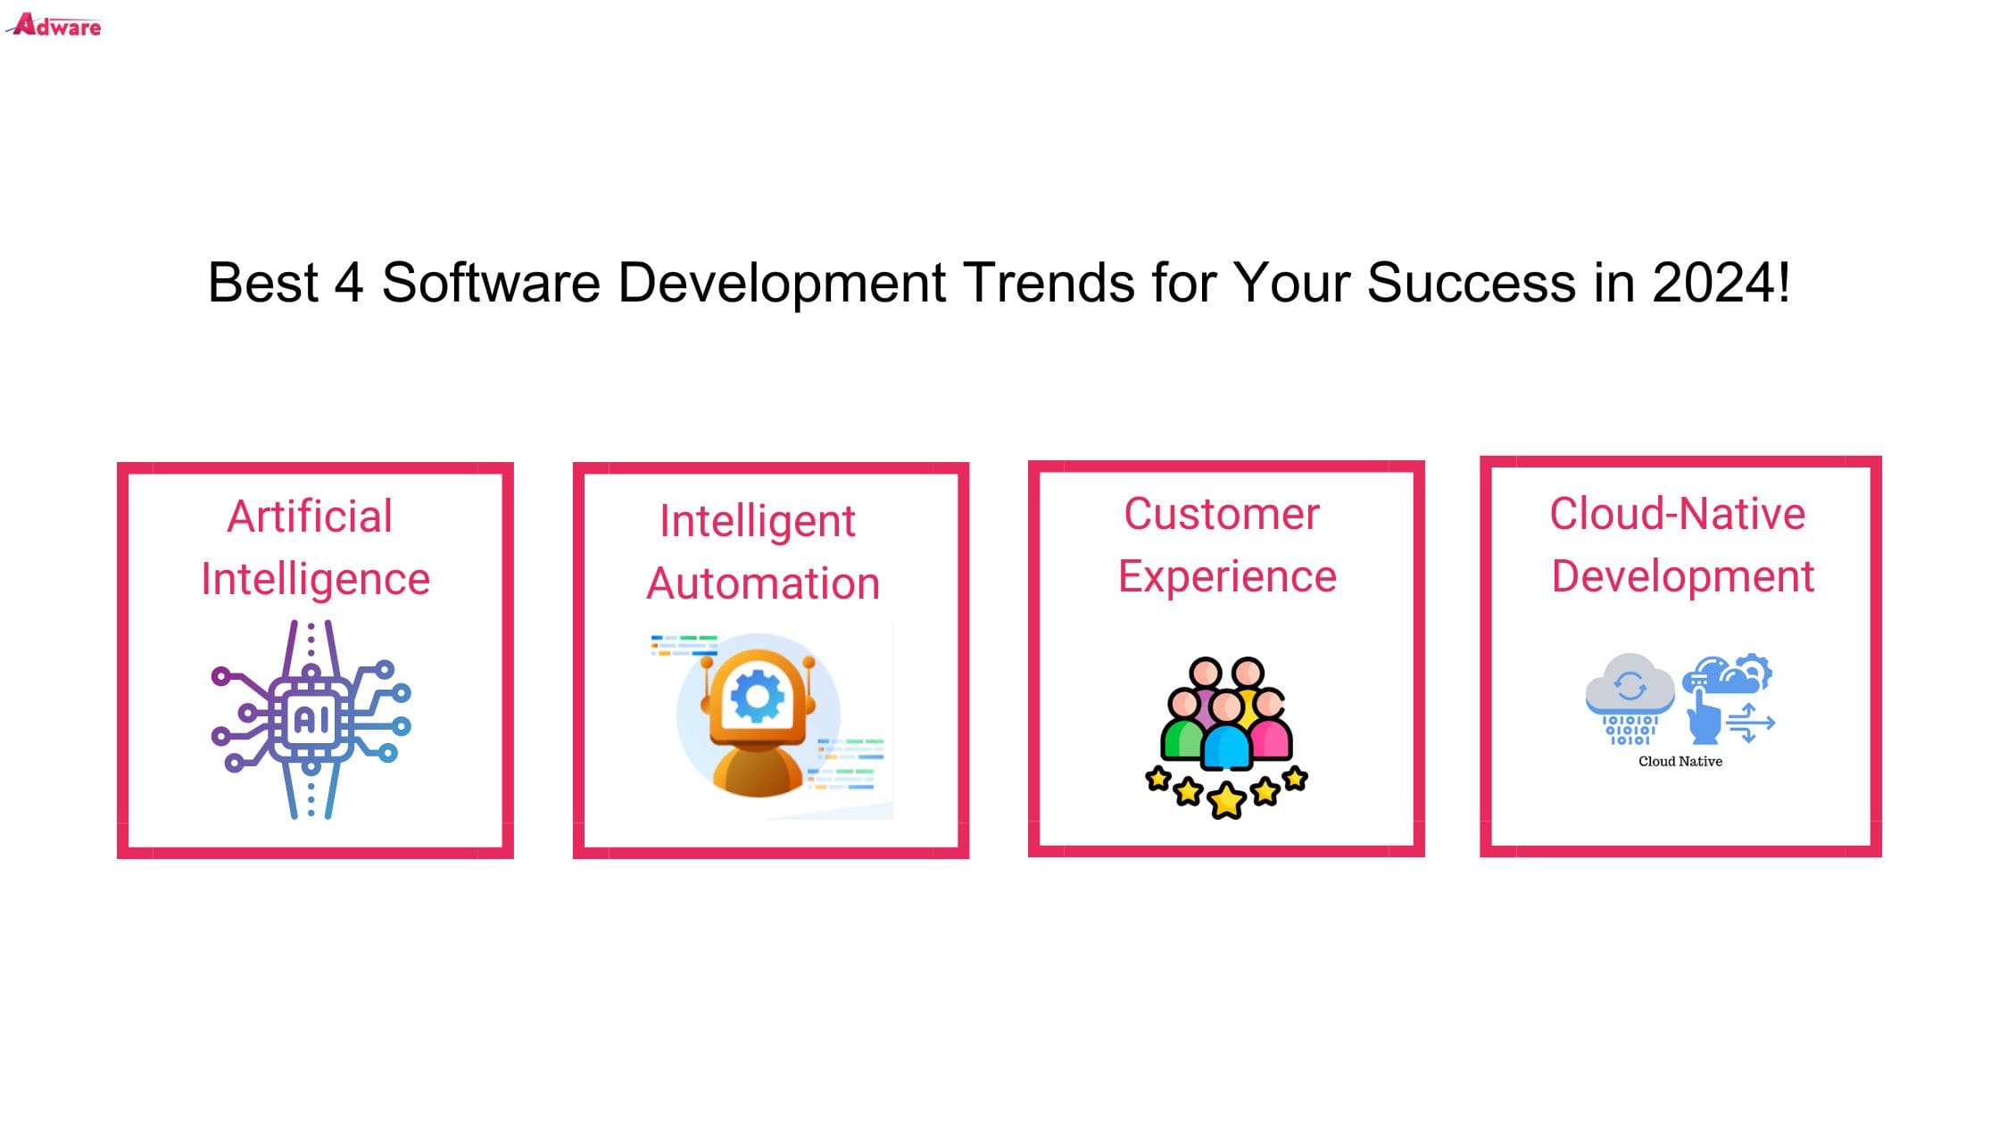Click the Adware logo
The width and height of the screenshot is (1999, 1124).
(54, 24)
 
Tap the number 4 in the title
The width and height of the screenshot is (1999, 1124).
(349, 283)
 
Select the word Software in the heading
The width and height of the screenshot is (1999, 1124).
(491, 283)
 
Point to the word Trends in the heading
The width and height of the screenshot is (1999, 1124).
(1048, 283)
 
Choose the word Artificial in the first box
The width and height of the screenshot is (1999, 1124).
(310, 516)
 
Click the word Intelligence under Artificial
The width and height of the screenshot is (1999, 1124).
(315, 580)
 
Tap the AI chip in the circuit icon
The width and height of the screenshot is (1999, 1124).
(311, 719)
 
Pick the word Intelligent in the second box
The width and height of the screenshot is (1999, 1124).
(758, 521)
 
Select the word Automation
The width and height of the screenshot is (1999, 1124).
(763, 583)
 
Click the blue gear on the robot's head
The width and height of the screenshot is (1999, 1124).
(758, 696)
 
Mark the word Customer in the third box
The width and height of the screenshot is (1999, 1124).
(1221, 514)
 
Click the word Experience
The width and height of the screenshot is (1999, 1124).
(1227, 577)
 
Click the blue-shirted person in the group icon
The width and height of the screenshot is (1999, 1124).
(1226, 731)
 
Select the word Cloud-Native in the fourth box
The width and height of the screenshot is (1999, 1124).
(1678, 514)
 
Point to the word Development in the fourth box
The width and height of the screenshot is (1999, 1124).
(1683, 577)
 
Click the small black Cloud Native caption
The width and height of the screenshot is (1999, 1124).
(1680, 761)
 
